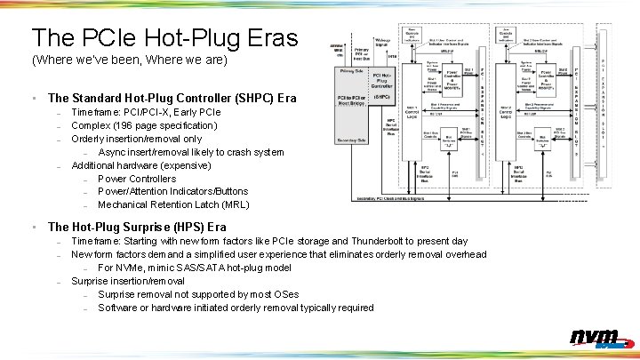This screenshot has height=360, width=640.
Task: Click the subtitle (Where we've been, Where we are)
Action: click(130, 61)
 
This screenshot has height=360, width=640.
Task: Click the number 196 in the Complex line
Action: click(129, 125)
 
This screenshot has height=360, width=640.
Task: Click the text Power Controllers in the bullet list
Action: click(137, 178)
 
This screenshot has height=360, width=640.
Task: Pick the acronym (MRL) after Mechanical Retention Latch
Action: click(234, 204)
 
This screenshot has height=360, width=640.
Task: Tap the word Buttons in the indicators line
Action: click(228, 191)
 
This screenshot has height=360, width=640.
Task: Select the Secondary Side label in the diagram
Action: click(351, 139)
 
